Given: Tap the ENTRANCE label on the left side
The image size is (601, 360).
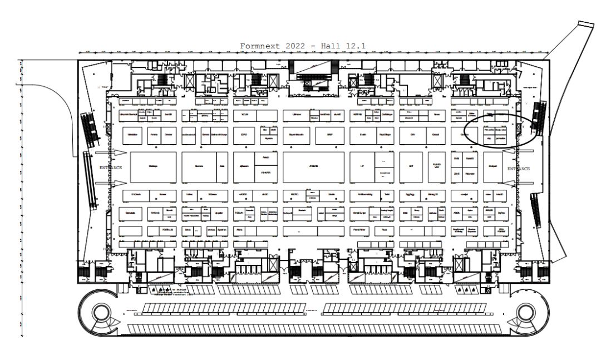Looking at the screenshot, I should [x=111, y=167].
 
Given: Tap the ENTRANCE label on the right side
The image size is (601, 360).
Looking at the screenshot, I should [x=519, y=168].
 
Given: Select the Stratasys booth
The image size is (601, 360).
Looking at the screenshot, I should [x=153, y=167].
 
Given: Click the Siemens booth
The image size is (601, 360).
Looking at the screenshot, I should [x=199, y=167].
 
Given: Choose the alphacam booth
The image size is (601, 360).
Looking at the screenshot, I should [x=244, y=167].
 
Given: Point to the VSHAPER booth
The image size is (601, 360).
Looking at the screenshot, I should [x=265, y=173].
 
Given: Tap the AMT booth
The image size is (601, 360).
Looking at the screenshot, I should [x=411, y=167].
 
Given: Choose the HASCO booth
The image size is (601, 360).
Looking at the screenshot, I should [x=243, y=194].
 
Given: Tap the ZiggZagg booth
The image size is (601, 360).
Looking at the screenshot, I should [x=411, y=194].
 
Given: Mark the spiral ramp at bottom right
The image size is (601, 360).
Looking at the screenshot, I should [x=526, y=314].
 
